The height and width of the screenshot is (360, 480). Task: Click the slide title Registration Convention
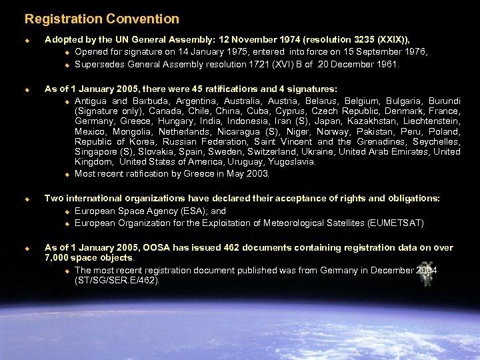tap(102, 19)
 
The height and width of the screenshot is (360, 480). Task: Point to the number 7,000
tap(57, 257)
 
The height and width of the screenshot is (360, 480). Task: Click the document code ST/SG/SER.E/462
tap(117, 280)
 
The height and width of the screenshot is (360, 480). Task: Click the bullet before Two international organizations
tap(27, 199)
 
